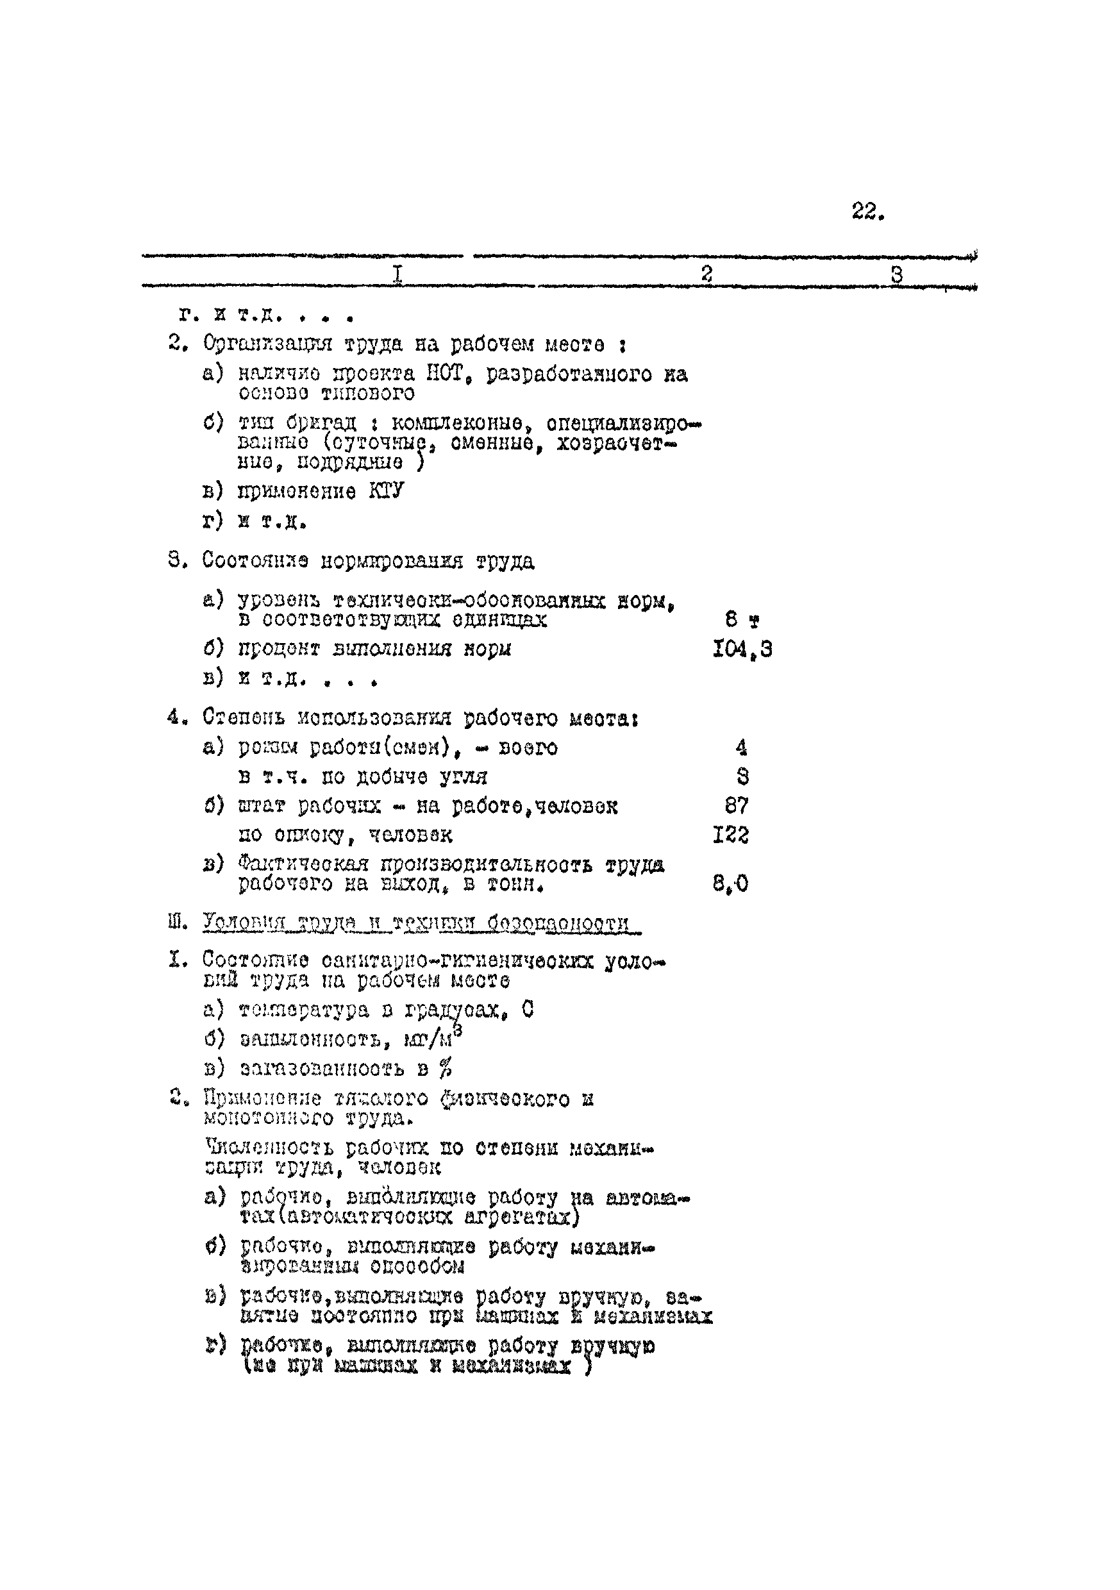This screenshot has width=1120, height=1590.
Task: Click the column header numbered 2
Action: (706, 274)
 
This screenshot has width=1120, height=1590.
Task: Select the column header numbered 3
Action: (896, 275)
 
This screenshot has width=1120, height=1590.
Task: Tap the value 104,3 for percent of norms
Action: (742, 649)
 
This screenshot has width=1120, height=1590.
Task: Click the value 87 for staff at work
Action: (736, 805)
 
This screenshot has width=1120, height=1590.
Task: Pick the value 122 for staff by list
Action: (731, 835)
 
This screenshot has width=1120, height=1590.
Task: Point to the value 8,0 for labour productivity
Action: (731, 883)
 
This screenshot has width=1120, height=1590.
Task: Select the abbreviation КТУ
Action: (386, 491)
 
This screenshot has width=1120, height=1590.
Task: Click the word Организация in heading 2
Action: (266, 344)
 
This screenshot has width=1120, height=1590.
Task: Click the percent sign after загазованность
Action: (446, 1069)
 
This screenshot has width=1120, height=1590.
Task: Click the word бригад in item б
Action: (321, 423)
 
